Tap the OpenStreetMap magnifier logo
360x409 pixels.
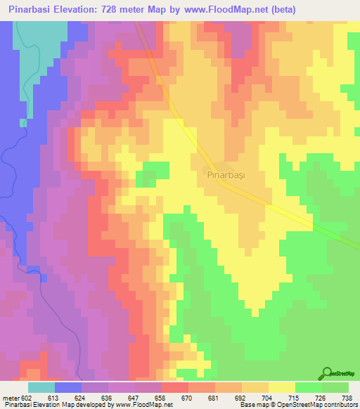coord(327,372)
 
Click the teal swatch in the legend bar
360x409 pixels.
coord(41,387)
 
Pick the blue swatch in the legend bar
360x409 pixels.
coord(68,387)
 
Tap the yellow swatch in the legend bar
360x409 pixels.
coord(281,387)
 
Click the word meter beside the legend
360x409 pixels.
coord(12,397)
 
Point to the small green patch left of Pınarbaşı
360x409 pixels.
coord(156,170)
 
